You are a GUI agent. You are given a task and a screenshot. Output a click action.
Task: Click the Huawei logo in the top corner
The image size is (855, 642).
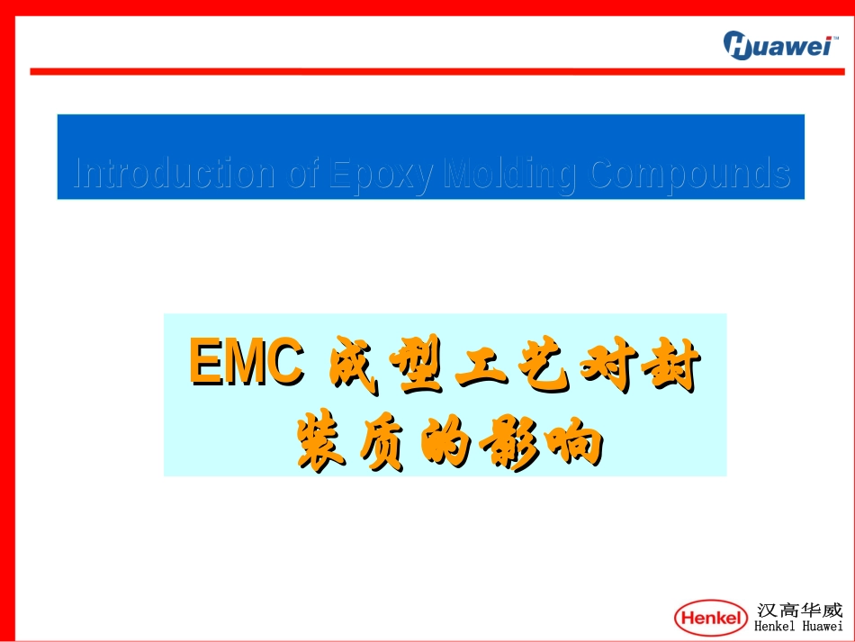tap(777, 45)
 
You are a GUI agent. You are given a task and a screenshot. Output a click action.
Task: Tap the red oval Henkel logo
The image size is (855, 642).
tap(711, 618)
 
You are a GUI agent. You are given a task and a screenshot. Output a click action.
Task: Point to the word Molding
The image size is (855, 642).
tap(510, 174)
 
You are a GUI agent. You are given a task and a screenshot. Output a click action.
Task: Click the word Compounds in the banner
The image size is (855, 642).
tap(689, 174)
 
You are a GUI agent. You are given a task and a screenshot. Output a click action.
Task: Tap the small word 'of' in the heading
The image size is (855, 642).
tap(303, 174)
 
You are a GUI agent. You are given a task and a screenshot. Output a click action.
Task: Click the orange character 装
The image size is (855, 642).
tap(321, 441)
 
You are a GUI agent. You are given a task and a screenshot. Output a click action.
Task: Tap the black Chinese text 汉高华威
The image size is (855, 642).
tap(799, 610)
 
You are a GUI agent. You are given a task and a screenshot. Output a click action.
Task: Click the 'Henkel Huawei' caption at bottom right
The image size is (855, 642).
tap(798, 628)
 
